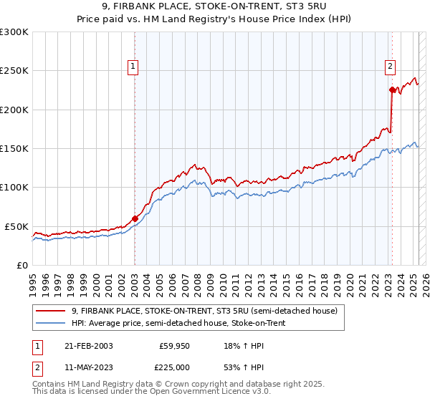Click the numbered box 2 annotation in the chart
[390, 67]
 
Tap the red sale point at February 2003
[135, 218]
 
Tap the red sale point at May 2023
[392, 90]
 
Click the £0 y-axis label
[21, 265]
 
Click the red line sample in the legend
[52, 311]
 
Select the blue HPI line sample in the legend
[52, 324]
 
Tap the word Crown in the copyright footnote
[178, 385]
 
